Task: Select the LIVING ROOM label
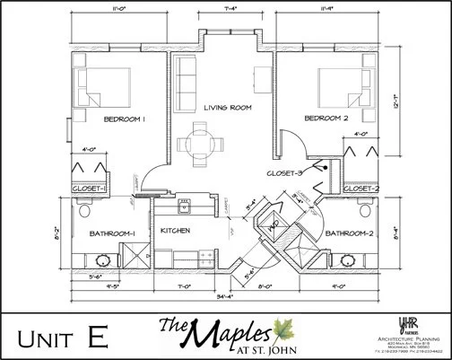[x=226, y=107]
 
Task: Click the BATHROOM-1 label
[x=112, y=234]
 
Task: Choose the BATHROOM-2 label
[x=346, y=234]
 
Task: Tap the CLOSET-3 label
[x=284, y=171]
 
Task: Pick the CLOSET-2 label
[x=361, y=189]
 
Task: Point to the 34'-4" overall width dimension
[x=224, y=296]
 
